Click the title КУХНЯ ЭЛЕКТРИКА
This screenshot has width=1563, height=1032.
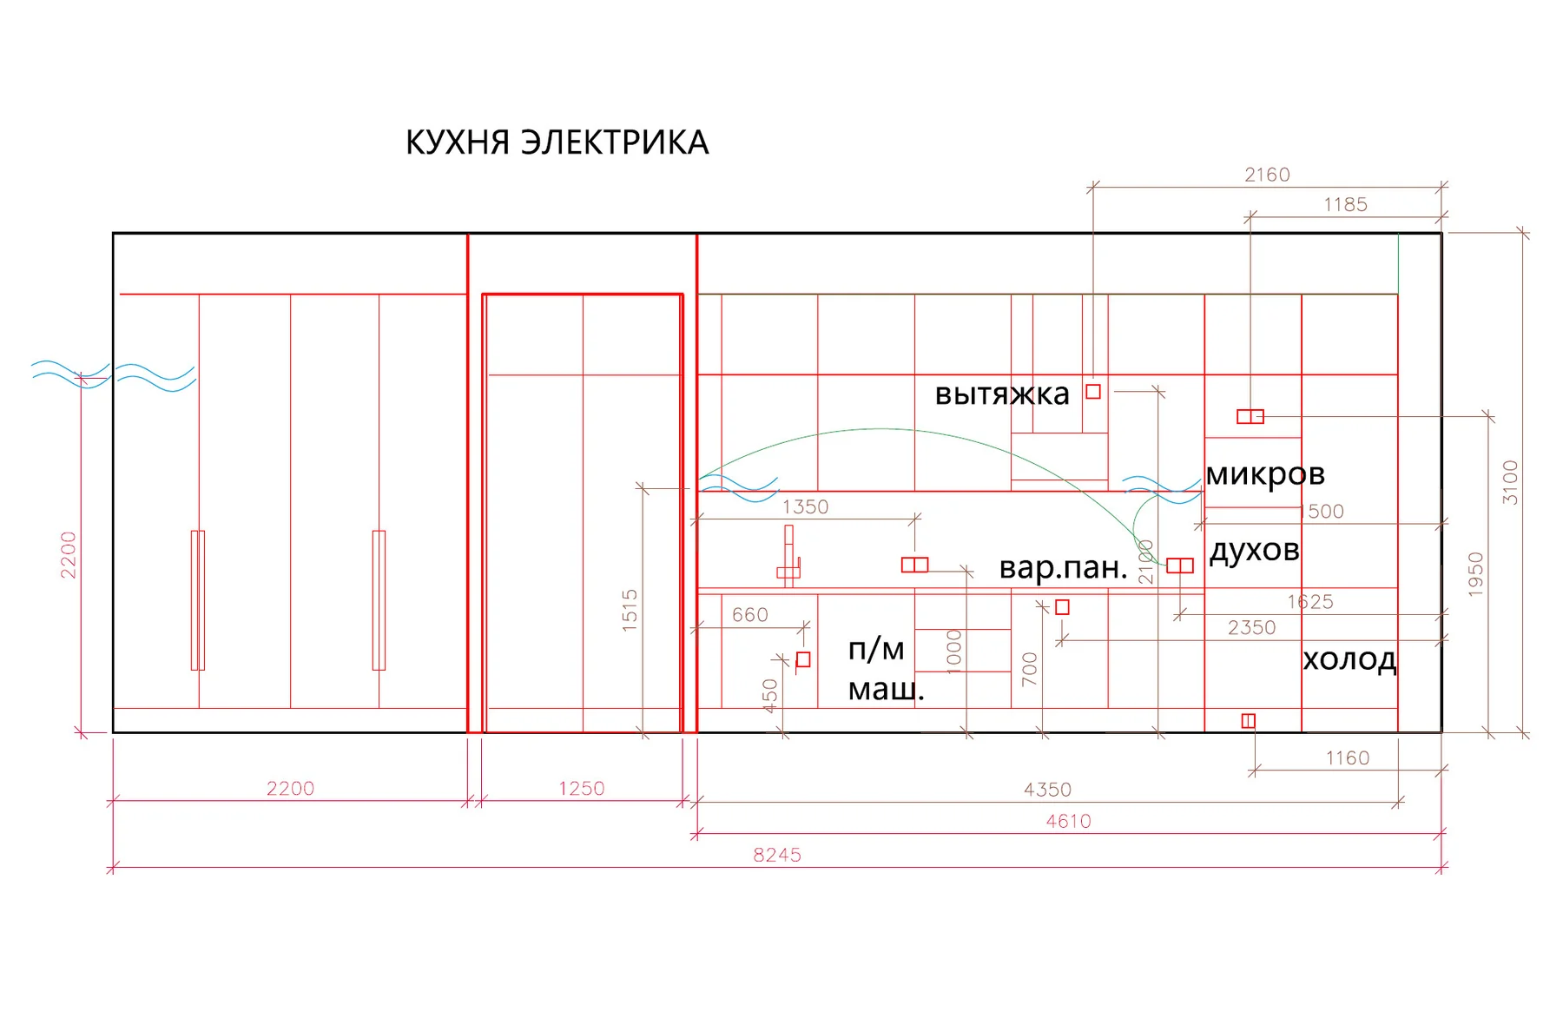tap(557, 142)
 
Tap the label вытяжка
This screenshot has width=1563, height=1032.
tap(1002, 394)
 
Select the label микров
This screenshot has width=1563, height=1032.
tap(1265, 474)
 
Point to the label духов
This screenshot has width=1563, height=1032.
tap(1255, 550)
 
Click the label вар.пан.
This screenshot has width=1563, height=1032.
tap(1063, 567)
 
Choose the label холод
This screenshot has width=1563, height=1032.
tap(1349, 660)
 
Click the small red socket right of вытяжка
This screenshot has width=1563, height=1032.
tap(1093, 392)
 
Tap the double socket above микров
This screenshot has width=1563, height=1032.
tap(1250, 417)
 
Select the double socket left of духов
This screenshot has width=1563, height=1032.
tap(1180, 566)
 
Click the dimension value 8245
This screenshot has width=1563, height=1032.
tap(777, 855)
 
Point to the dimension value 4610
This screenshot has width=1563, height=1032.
tap(1068, 821)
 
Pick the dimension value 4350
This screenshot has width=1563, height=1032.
tap(1047, 790)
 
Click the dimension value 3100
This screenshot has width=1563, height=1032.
tap(1511, 482)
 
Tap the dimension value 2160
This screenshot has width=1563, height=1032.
tap(1267, 175)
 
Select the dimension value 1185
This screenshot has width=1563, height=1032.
tap(1345, 205)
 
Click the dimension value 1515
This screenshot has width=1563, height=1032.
tap(630, 610)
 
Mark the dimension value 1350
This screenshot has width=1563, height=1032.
tap(805, 507)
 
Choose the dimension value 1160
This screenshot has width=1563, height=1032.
tap(1347, 758)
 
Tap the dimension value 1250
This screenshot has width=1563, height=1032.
tap(581, 789)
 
